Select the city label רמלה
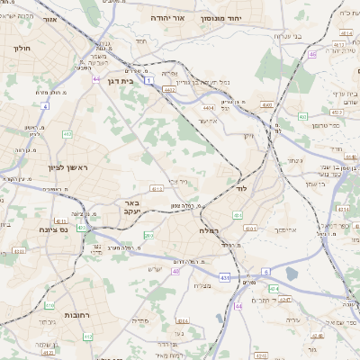coord(212,230)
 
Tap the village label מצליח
coord(202,285)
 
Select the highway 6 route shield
coord(266,270)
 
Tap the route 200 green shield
coord(148,235)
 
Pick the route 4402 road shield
coord(169,89)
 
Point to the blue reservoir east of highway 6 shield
coord(291,273)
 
